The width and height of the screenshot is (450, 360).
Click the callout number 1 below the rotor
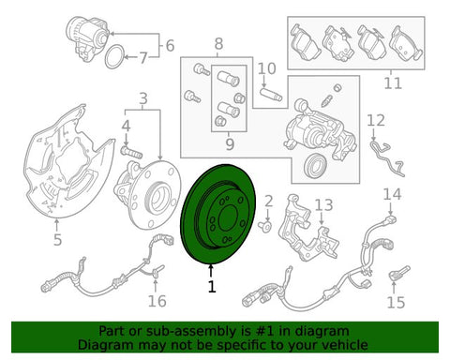(x=212, y=286)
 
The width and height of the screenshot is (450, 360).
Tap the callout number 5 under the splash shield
(x=57, y=240)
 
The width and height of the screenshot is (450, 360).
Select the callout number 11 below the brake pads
(x=393, y=83)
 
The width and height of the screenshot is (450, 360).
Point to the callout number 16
(x=157, y=301)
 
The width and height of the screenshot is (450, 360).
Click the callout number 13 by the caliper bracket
(x=323, y=205)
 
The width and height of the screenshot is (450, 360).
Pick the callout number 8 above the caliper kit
(x=218, y=44)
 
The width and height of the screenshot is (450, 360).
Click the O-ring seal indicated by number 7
(x=113, y=56)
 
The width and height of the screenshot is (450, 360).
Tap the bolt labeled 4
(x=131, y=153)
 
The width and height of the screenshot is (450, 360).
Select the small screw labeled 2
(x=265, y=227)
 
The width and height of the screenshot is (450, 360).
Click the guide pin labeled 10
(x=271, y=95)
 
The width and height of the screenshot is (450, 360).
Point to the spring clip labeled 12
(x=387, y=157)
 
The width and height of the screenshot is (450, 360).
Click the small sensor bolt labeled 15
(x=399, y=273)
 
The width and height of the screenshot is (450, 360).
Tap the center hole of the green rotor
(x=228, y=218)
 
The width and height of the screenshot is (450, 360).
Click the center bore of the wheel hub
(x=158, y=201)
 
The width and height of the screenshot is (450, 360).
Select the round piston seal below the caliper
(x=316, y=165)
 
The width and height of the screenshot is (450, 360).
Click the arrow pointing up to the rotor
(x=212, y=271)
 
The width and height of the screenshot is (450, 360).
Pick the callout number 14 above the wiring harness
(x=392, y=194)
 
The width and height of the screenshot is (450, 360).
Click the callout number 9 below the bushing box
(x=230, y=144)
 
